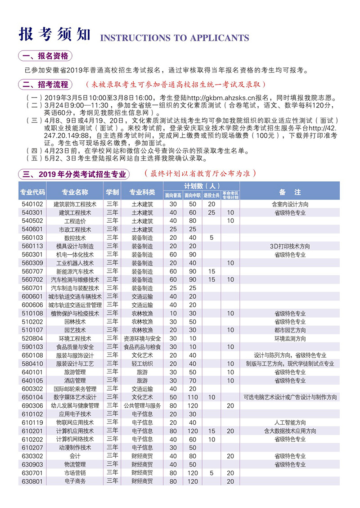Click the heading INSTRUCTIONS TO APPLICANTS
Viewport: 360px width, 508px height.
(x=174, y=37)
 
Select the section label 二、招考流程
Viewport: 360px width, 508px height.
(x=46, y=84)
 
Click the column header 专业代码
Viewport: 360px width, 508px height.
(x=32, y=192)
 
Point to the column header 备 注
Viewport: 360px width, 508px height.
(x=289, y=192)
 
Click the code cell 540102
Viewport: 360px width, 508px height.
(x=32, y=204)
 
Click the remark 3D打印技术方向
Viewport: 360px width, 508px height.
(x=289, y=246)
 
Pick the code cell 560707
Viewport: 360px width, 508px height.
(x=32, y=271)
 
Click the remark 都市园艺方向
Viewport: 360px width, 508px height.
(x=289, y=330)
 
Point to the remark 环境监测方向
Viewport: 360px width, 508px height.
(x=289, y=338)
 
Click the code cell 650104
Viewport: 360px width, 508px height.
(x=32, y=397)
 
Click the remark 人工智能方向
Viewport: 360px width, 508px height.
(x=289, y=423)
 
